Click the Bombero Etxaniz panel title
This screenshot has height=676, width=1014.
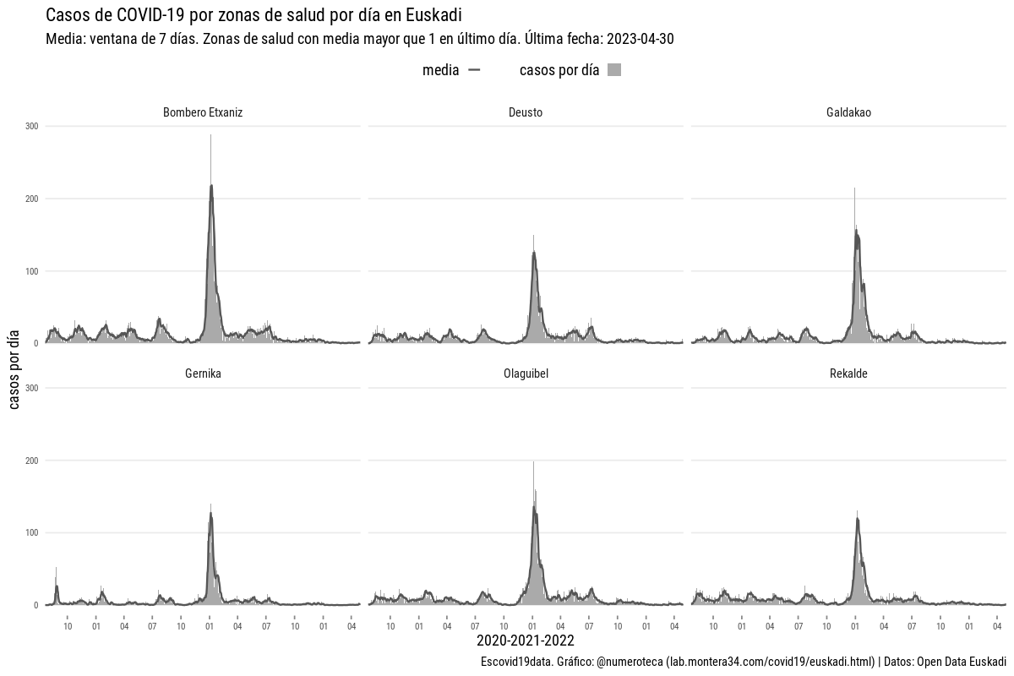(x=203, y=112)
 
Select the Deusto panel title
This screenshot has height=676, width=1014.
(x=526, y=112)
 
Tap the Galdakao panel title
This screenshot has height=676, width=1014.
(x=848, y=112)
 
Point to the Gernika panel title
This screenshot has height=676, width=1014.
(x=203, y=373)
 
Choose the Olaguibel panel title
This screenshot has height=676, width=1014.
(x=526, y=373)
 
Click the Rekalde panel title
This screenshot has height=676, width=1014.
(x=848, y=373)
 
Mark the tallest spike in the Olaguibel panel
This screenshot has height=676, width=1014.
(x=533, y=463)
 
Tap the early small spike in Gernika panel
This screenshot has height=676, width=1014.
(x=56, y=569)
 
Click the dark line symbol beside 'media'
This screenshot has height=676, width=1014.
(x=474, y=71)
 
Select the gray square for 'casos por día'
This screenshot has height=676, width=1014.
(x=614, y=71)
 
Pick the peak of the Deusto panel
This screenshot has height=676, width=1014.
(x=533, y=237)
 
